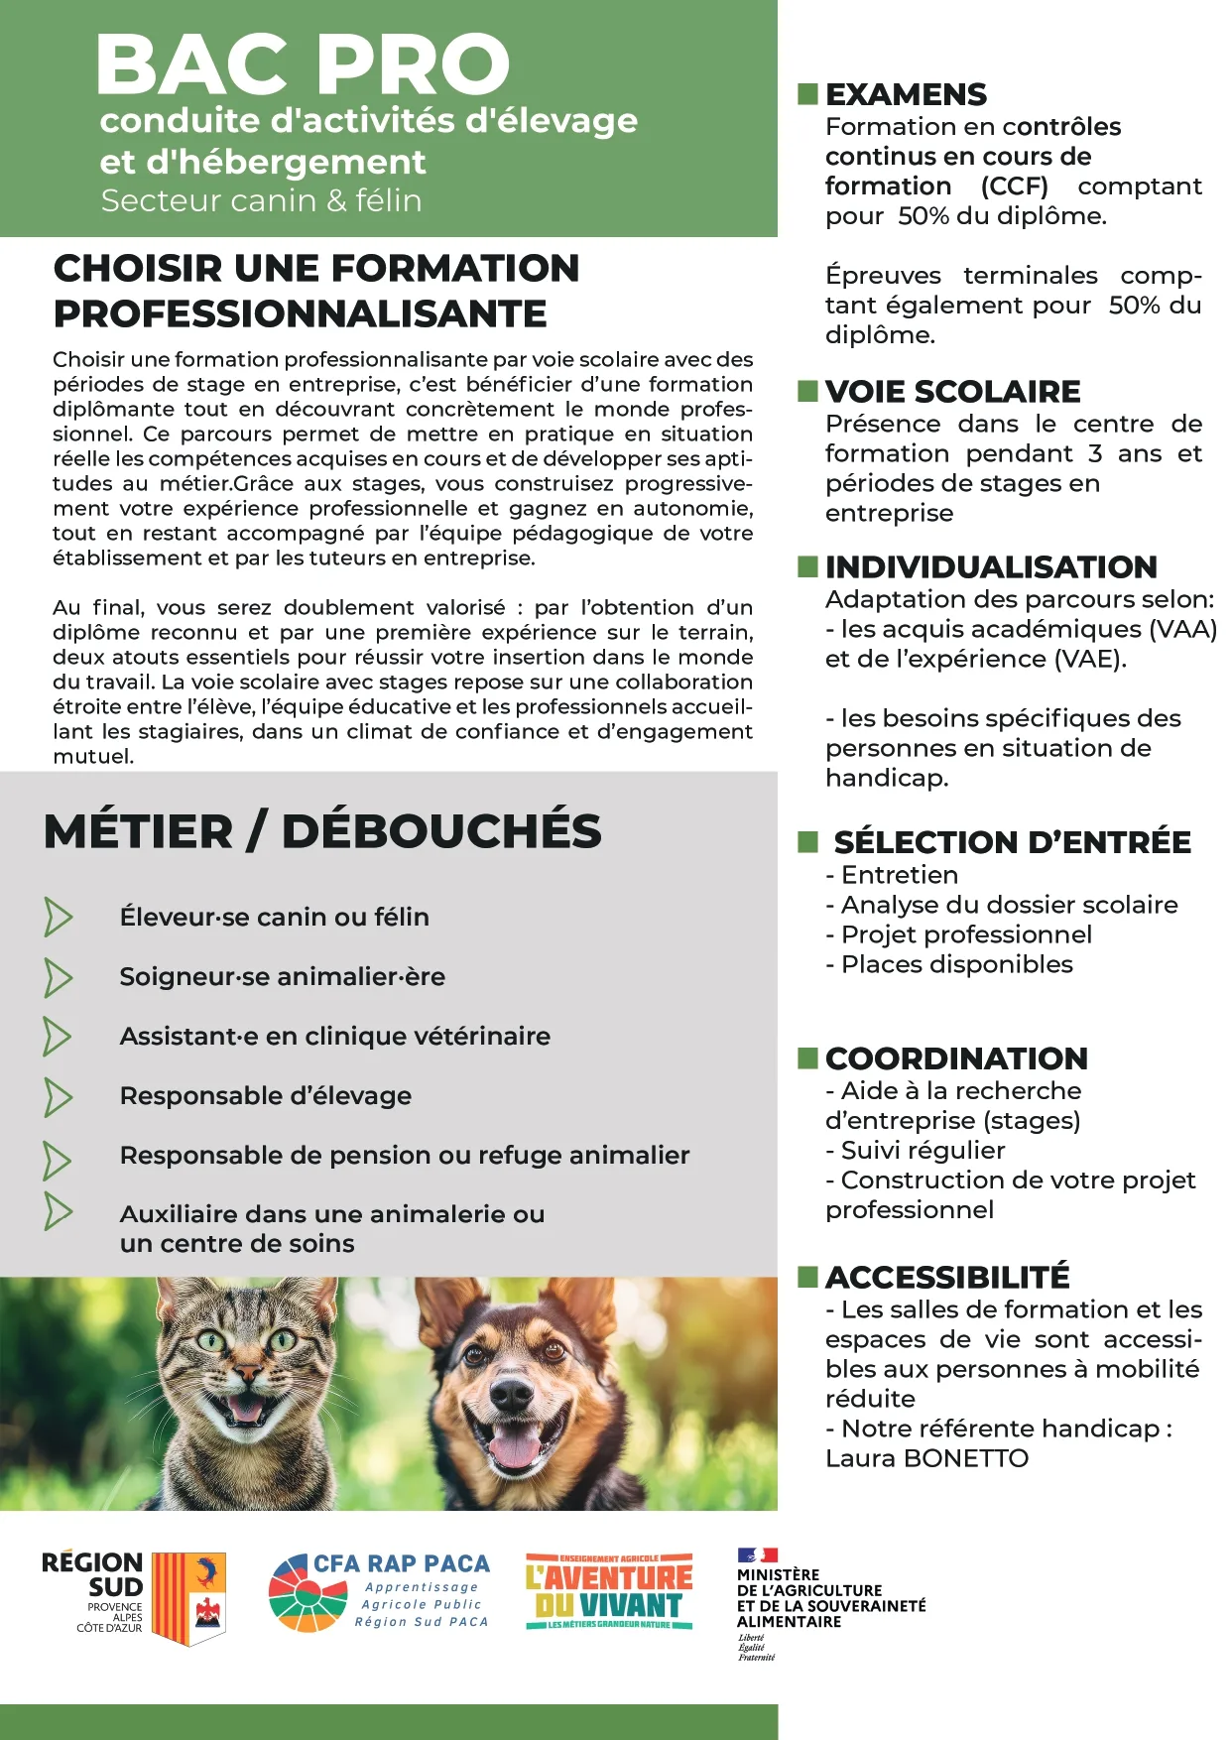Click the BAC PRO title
click(303, 64)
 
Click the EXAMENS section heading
click(906, 94)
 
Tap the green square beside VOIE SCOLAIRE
click(808, 391)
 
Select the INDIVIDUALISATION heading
click(991, 566)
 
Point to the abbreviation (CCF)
click(1014, 186)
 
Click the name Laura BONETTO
click(926, 1458)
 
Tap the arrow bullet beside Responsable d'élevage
click(58, 1097)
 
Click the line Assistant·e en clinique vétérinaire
click(334, 1036)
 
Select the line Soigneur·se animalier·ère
click(282, 976)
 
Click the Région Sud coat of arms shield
click(188, 1596)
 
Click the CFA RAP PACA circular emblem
click(308, 1593)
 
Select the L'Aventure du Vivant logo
click(609, 1591)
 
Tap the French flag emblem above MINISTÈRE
click(757, 1554)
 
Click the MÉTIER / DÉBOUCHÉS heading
click(322, 831)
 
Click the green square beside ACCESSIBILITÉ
click(808, 1276)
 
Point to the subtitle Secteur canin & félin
click(261, 200)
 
